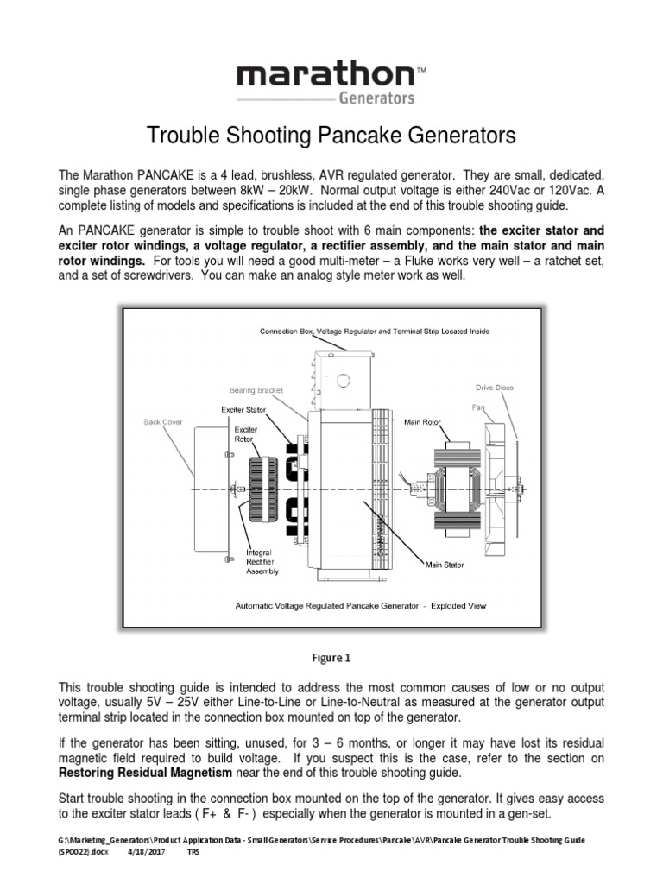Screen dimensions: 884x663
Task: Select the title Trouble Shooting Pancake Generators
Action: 331,136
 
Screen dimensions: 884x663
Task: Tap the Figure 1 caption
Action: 331,657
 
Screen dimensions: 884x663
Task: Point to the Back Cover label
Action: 163,422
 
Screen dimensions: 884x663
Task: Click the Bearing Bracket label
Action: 256,390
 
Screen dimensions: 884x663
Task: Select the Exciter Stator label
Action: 243,409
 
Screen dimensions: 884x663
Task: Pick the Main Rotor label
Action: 422,422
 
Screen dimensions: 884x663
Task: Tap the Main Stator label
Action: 445,565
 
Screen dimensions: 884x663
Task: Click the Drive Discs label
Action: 494,388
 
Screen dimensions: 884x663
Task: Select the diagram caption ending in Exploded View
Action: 361,606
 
